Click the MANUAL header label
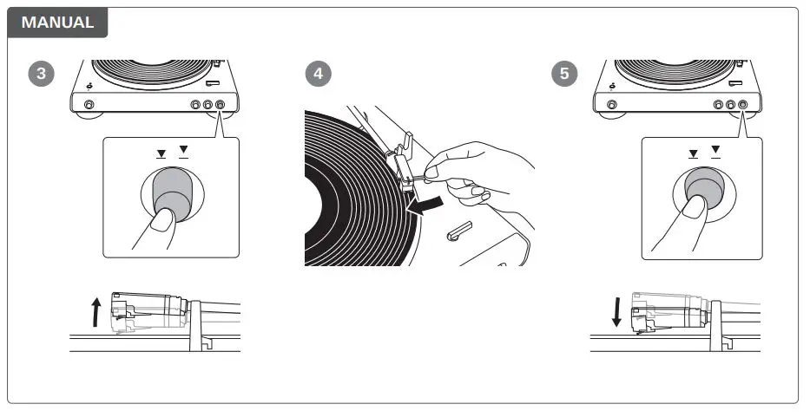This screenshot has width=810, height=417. (57, 23)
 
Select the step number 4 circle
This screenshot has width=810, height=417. (319, 74)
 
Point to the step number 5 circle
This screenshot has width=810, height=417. (565, 74)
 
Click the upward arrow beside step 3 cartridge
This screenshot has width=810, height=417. (95, 311)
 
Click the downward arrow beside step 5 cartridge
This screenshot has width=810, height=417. (616, 311)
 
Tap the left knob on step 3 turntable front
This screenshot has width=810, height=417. (89, 104)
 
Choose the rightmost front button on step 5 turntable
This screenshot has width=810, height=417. (744, 104)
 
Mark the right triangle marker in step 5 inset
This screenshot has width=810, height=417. (715, 151)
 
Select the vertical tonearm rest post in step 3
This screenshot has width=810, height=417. (195, 324)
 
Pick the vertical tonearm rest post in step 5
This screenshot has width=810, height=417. (716, 324)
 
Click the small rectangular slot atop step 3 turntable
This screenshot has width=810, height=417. (214, 83)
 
